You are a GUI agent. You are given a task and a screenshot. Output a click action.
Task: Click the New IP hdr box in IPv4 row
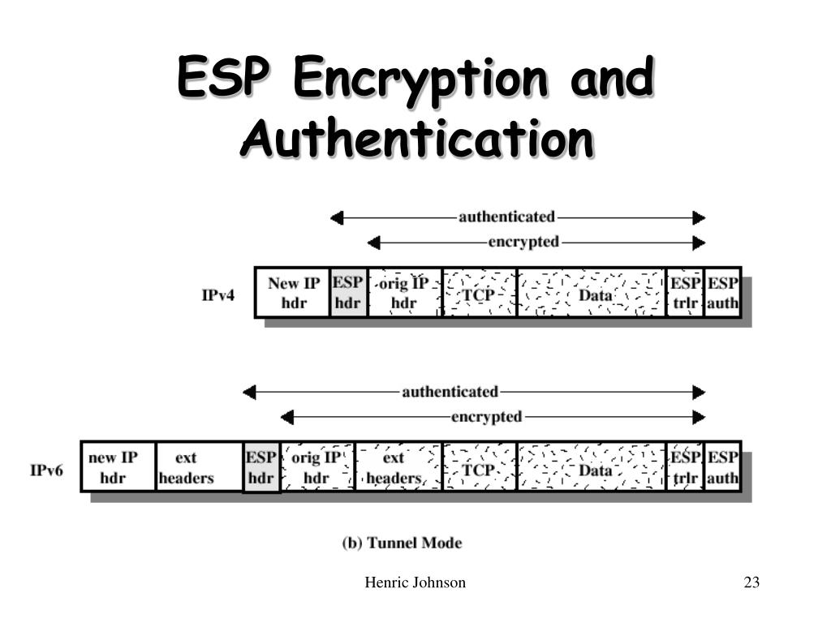(x=293, y=293)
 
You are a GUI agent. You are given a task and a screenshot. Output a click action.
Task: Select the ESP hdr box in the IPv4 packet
(x=348, y=293)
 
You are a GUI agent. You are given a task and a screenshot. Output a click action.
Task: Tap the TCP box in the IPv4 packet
(x=480, y=293)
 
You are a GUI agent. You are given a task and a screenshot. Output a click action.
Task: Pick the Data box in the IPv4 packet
(x=592, y=293)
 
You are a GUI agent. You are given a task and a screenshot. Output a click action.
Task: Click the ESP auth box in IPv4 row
(x=722, y=293)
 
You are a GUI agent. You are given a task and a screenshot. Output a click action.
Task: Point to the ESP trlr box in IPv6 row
(x=685, y=467)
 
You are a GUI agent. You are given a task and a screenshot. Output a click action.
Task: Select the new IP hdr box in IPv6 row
(x=118, y=467)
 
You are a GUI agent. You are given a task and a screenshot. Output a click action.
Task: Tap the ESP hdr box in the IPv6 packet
(x=261, y=467)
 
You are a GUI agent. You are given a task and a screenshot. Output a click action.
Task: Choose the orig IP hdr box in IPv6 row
(x=317, y=467)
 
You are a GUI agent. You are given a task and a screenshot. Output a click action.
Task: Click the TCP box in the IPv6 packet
(x=480, y=467)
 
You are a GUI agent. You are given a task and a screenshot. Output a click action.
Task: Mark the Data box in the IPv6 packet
(x=592, y=467)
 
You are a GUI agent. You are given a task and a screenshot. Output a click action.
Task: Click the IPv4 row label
(x=218, y=294)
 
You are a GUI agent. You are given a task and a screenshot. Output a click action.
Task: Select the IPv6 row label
(x=46, y=469)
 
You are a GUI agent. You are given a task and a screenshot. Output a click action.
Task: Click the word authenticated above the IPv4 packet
(x=506, y=217)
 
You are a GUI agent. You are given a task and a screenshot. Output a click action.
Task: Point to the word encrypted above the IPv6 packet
(x=486, y=417)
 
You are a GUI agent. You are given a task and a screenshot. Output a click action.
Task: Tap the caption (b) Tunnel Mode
(x=402, y=543)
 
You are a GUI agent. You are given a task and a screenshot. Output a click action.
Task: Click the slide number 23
(x=751, y=582)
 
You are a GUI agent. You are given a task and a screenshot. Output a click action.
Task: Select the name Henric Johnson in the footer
(x=415, y=582)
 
